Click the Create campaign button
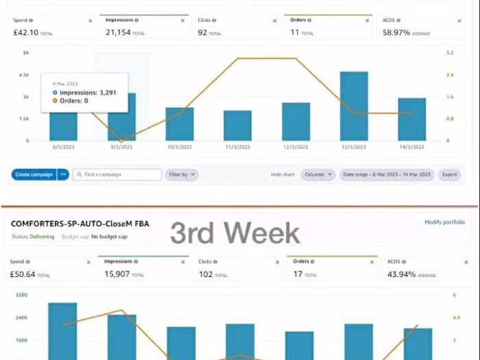click(x=34, y=174)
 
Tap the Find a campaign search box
click(x=117, y=174)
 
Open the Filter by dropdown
click(x=182, y=174)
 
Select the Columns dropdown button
click(x=318, y=174)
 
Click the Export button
click(x=449, y=174)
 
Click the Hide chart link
click(x=283, y=174)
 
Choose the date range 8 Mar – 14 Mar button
click(x=387, y=174)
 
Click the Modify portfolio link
click(x=444, y=222)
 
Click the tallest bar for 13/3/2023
click(x=354, y=106)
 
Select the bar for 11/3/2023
click(x=237, y=125)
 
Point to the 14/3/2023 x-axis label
click(x=411, y=147)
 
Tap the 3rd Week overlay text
click(x=235, y=233)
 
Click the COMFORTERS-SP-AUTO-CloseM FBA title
click(x=80, y=224)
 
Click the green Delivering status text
click(x=42, y=237)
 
